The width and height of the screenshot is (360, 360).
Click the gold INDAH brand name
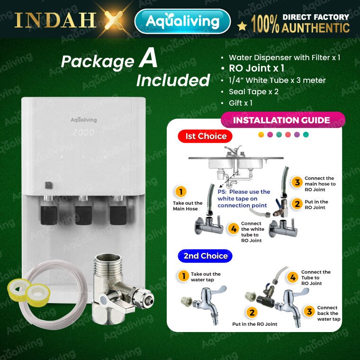click(55, 20)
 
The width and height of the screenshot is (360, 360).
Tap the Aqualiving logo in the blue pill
click(182, 21)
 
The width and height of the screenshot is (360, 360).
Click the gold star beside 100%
click(242, 27)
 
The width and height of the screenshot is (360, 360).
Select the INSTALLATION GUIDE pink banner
click(283, 120)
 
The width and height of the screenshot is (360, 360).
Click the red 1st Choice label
click(205, 136)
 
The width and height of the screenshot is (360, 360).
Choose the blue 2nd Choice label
click(205, 256)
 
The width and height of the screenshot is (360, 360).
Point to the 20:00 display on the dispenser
click(83, 132)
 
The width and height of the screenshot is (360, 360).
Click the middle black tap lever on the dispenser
click(83, 215)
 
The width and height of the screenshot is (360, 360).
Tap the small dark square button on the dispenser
click(49, 185)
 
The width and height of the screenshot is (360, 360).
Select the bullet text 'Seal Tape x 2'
click(253, 91)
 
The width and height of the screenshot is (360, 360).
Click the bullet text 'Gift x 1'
click(241, 103)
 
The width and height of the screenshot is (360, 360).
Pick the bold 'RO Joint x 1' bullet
click(256, 68)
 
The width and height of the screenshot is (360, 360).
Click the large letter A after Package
click(148, 59)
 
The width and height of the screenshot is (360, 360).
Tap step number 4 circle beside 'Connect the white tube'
click(234, 229)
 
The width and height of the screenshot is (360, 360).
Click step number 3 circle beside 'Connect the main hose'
click(297, 182)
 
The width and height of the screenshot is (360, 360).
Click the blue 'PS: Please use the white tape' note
click(243, 198)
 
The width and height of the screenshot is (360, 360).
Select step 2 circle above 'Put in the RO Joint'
click(252, 313)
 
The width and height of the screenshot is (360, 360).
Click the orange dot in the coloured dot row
click(261, 135)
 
